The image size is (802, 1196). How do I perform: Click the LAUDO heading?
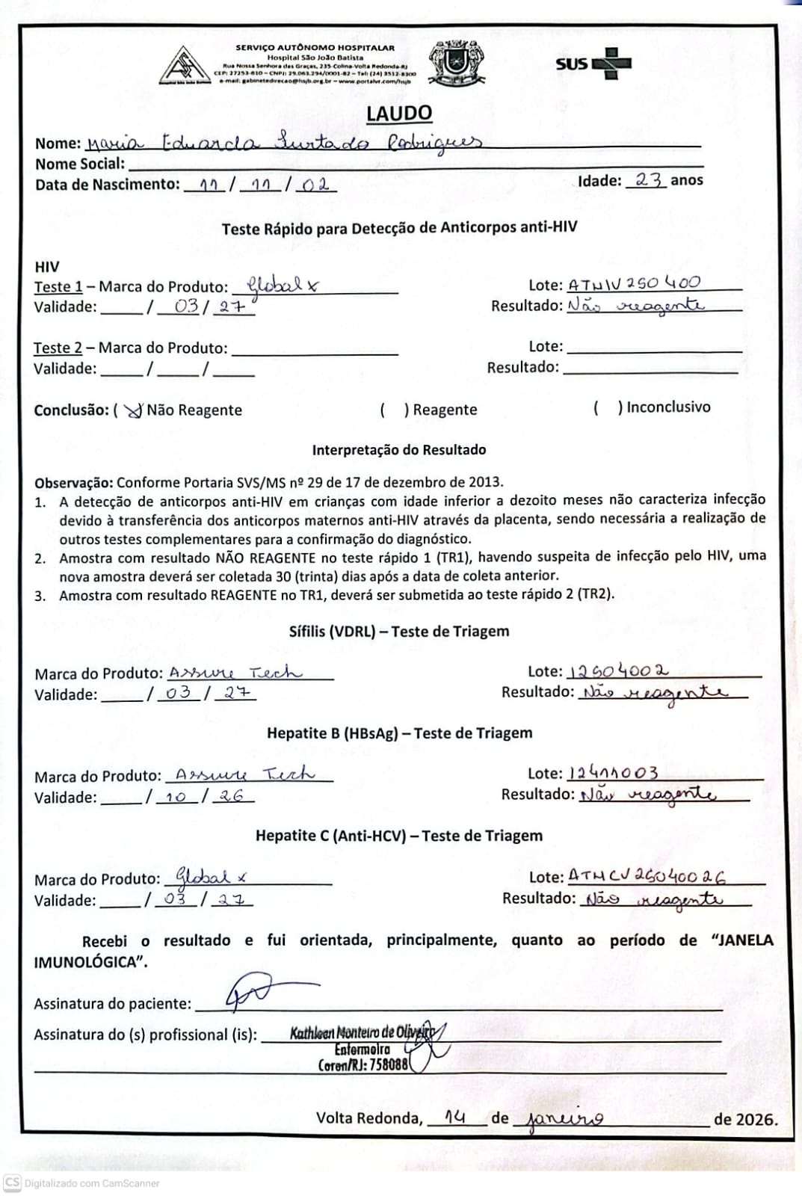[x=399, y=114]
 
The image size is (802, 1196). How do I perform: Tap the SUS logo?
[x=593, y=64]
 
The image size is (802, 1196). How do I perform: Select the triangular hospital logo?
[x=184, y=67]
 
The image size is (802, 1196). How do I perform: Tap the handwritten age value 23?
[x=647, y=180]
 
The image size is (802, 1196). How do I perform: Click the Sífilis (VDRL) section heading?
[x=399, y=632]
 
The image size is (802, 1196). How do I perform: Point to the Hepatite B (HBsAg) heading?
[x=399, y=733]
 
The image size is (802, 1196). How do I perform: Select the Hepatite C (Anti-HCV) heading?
[x=399, y=836]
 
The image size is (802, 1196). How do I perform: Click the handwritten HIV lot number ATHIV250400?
[x=635, y=284]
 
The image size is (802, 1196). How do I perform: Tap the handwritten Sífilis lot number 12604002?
[x=618, y=671]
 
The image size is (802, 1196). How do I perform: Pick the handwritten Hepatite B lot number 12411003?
[x=613, y=773]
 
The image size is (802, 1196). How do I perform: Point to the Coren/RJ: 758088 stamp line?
[x=363, y=1065]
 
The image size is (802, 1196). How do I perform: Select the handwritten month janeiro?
[x=565, y=1119]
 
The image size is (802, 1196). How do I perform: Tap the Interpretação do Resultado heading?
[x=399, y=450]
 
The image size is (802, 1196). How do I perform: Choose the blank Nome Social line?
[x=415, y=164]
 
